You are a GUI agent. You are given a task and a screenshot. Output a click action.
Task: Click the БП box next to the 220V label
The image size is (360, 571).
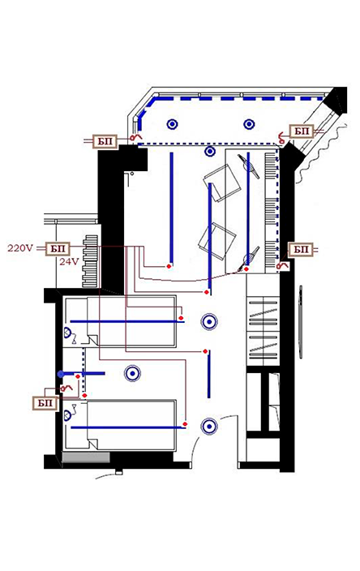coord(58,249)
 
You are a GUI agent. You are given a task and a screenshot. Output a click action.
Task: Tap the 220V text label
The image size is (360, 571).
coord(20,248)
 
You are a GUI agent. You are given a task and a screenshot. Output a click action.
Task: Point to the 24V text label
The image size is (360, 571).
coord(69,261)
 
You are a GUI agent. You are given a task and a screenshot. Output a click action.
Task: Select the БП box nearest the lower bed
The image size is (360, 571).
coord(45,403)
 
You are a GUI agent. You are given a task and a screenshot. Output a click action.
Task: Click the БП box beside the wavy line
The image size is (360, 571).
coord(302,131)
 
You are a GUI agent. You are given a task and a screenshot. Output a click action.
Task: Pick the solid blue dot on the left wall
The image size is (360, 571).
coord(61,374)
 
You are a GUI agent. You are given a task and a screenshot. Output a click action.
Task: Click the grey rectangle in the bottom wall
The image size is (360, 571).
coord(86,457)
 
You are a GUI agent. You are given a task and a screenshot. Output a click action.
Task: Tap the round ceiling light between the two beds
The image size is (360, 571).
coord(132,373)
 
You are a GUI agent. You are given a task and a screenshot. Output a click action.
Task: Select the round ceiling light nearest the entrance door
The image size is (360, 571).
coord(209,427)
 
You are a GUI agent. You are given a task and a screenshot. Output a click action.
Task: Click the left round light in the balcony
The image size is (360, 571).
coord(172,125)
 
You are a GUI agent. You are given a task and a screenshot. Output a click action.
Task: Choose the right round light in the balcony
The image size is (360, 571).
coord(249,125)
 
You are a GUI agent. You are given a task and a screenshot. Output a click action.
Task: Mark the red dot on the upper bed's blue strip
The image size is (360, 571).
coord(181,318)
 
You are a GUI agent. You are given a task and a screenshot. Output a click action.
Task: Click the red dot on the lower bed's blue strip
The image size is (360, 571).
coord(185,424)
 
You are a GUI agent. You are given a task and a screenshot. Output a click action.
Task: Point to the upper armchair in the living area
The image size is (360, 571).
coord(222,182)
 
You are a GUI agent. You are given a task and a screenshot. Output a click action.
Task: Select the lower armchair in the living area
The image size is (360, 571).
coord(217,241)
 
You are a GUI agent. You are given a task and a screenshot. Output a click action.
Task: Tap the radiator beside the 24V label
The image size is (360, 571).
coord(90,261)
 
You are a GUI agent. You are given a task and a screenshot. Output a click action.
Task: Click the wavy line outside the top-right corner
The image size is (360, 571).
coord(321,153)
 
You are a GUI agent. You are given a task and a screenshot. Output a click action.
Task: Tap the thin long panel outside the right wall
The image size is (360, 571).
coord(301,322)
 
